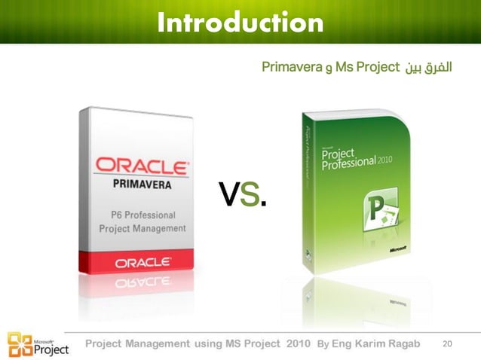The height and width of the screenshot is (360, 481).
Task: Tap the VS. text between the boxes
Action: click(242, 194)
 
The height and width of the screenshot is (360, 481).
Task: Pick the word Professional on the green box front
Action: click(348, 162)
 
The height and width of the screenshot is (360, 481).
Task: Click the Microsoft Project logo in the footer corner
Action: click(38, 344)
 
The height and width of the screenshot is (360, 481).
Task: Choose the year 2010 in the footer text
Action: click(298, 343)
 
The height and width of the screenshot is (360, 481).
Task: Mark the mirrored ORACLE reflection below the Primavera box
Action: click(142, 283)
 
